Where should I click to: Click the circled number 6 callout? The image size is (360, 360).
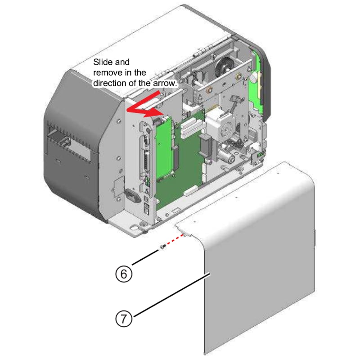tap(125, 273)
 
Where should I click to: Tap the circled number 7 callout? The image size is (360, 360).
tap(125, 319)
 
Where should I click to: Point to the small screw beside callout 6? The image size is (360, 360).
tap(162, 247)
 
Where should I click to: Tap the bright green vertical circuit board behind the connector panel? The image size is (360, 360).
tap(164, 148)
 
